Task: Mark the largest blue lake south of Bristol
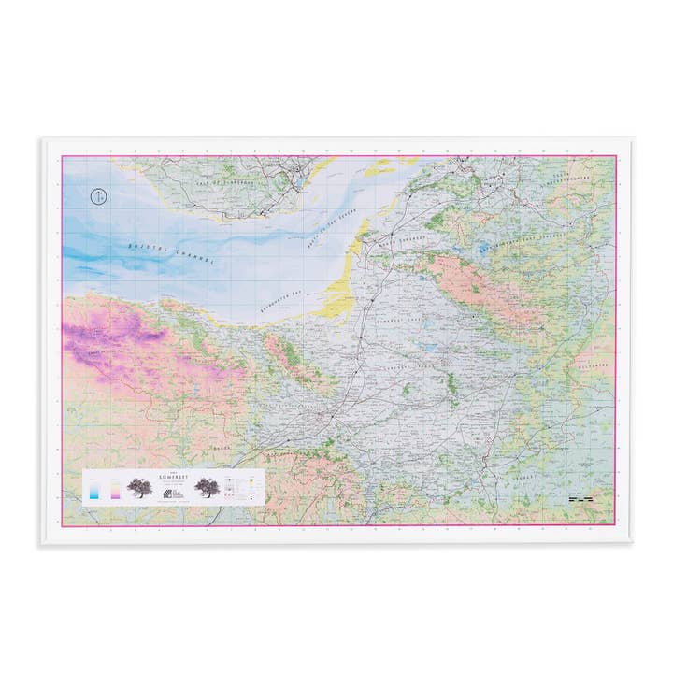coord(482,251)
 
